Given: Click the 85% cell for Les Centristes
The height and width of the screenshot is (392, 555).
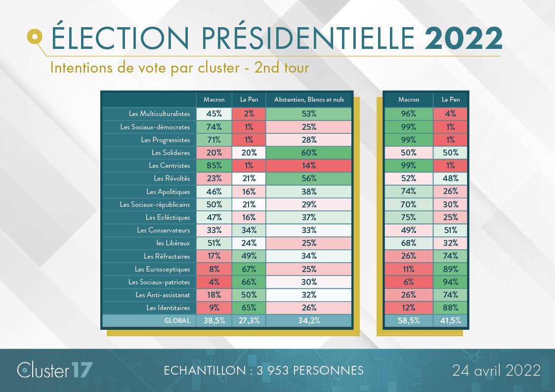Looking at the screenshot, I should click(x=214, y=165).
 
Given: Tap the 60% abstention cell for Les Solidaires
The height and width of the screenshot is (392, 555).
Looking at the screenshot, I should click(x=309, y=153).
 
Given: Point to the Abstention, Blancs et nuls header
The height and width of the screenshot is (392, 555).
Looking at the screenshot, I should click(x=309, y=100).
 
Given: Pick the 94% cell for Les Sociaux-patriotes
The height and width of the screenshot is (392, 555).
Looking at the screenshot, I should click(x=450, y=282).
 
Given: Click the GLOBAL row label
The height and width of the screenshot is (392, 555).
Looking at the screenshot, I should click(x=177, y=320).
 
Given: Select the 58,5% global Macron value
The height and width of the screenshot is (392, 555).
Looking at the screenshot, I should click(x=408, y=320).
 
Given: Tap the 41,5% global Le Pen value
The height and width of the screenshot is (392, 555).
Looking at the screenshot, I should click(x=450, y=320).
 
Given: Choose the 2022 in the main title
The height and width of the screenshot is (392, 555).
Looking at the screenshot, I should click(x=464, y=39).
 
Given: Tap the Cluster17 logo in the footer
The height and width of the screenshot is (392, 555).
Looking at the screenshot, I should click(x=54, y=370).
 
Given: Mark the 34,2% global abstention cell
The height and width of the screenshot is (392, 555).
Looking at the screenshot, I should click(x=309, y=320).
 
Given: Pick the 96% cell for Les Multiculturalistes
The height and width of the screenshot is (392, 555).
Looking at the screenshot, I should click(x=408, y=114).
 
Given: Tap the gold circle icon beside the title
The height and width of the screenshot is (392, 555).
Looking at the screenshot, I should click(x=34, y=36).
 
